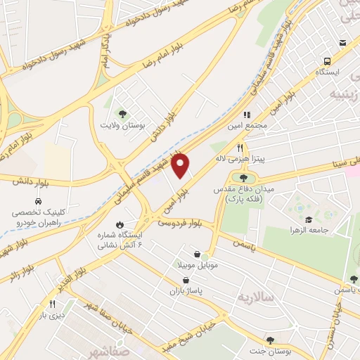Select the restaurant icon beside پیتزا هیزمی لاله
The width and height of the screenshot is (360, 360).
pos(240,148)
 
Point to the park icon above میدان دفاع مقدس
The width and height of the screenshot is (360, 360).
pos(243,178)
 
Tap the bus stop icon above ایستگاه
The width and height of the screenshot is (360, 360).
pos(327,61)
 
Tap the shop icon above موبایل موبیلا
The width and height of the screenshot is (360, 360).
pos(198,255)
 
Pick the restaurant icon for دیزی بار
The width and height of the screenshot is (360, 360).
pos(51,304)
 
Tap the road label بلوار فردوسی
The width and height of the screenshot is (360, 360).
pos(179,221)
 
